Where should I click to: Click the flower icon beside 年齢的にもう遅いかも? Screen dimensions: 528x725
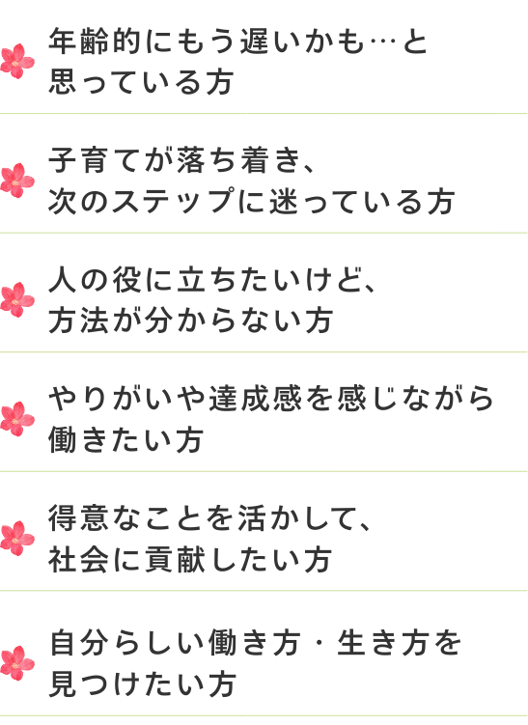[x=17, y=61]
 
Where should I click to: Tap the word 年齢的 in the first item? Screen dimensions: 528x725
[x=95, y=42]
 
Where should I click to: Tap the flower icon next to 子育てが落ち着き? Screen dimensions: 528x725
[x=17, y=180]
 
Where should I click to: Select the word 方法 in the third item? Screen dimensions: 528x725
[x=78, y=321]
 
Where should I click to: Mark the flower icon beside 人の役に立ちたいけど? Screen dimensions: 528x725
[x=17, y=299]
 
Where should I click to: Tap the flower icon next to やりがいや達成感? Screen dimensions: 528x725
[x=17, y=419]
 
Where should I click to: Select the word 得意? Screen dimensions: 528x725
[x=78, y=517]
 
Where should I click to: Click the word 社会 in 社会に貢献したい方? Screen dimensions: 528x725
[x=78, y=559]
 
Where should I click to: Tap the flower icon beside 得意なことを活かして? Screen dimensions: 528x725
[x=17, y=539]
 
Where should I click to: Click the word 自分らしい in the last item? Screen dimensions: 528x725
[x=127, y=643]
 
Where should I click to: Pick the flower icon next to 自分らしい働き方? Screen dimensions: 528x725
[x=17, y=663]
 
